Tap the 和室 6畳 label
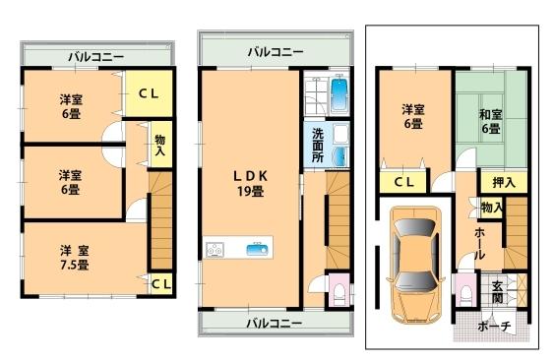(490, 120)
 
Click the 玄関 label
(498, 291)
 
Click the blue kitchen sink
(259, 249)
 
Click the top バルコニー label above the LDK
(275, 51)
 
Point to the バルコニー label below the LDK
(275, 323)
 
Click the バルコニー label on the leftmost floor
(95, 57)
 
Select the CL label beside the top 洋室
(149, 93)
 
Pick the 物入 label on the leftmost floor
(160, 145)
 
